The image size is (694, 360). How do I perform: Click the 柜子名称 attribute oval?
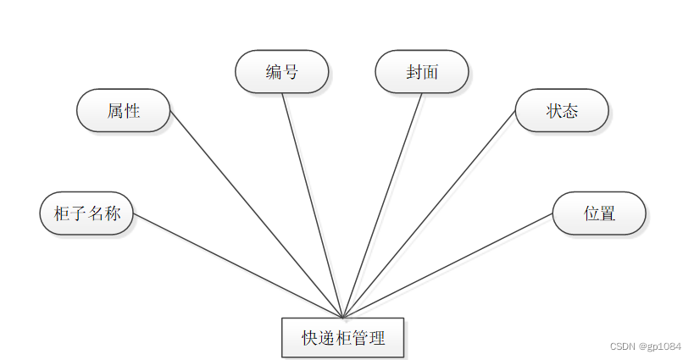pyautogui.click(x=86, y=213)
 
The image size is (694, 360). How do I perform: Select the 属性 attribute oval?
pyautogui.click(x=124, y=110)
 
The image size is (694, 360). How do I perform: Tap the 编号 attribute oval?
pyautogui.click(x=281, y=71)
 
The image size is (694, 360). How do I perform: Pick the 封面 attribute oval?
pyautogui.click(x=421, y=71)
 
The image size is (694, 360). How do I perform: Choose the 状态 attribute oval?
pyautogui.click(x=562, y=110)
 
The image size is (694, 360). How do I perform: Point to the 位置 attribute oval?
pyautogui.click(x=599, y=213)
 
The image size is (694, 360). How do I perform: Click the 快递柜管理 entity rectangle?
pyautogui.click(x=343, y=338)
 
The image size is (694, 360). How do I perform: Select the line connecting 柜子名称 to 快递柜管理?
pyautogui.click(x=237, y=265)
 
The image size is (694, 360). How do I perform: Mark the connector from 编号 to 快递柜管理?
pyautogui.click(x=312, y=203)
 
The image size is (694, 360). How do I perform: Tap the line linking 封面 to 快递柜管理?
pyautogui.click(x=382, y=203)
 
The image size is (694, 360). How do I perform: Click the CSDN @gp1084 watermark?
pyautogui.click(x=645, y=346)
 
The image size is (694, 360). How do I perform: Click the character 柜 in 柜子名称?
pyautogui.click(x=62, y=213)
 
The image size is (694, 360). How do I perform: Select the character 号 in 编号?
pyautogui.click(x=290, y=71)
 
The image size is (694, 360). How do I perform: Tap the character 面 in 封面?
pyautogui.click(x=430, y=71)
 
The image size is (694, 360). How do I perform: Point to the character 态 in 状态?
pyautogui.click(x=570, y=110)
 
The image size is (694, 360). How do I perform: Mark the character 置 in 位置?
pyautogui.click(x=608, y=213)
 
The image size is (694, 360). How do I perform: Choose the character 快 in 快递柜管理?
pyautogui.click(x=310, y=338)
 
